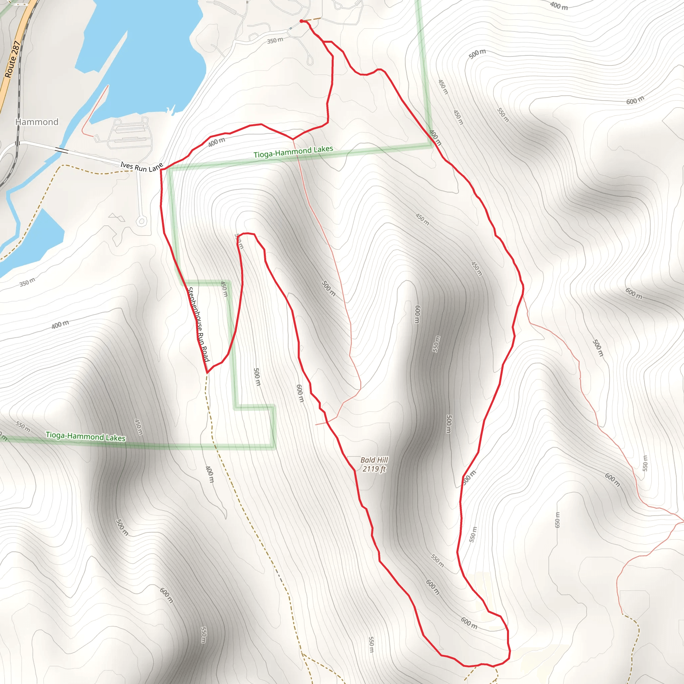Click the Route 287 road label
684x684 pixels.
(12, 59)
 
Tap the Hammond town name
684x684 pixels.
(37, 122)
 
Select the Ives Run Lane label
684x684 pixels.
(141, 167)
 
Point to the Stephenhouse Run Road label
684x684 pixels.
(198, 324)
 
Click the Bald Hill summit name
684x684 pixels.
(374, 460)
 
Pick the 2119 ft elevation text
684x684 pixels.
(374, 469)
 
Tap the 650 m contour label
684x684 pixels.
(557, 520)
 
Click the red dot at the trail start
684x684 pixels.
(301, 21)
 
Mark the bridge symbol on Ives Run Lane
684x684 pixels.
(61, 150)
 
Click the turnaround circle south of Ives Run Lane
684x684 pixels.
(142, 222)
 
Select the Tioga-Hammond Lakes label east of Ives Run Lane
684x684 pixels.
(293, 152)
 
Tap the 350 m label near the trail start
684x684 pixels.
(275, 40)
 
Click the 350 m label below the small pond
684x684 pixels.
(27, 282)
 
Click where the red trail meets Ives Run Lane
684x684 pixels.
(161, 170)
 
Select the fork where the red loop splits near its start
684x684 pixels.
(324, 42)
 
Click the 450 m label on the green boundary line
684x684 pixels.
(224, 289)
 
